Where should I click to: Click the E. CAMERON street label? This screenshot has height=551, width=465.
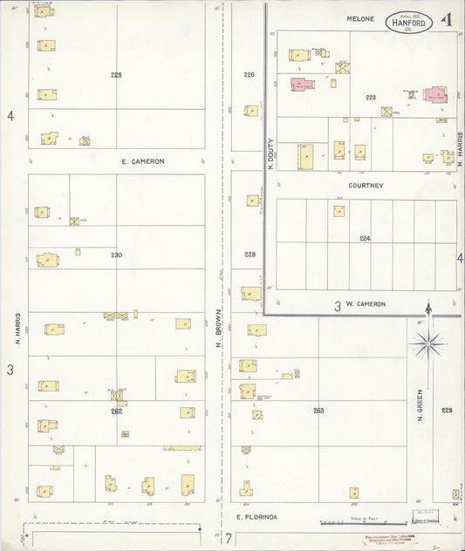143,161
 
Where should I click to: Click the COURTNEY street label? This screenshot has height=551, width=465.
366,185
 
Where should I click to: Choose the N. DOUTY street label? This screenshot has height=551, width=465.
270,153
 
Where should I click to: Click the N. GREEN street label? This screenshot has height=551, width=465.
420,405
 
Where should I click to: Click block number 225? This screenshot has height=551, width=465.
116,75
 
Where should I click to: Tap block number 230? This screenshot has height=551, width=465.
116,255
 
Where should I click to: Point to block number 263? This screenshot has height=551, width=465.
318,410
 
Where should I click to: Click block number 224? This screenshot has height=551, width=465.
365,237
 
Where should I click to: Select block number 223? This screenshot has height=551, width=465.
371,98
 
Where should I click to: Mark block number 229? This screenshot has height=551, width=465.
250,255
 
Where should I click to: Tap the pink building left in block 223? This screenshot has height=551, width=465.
302,85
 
